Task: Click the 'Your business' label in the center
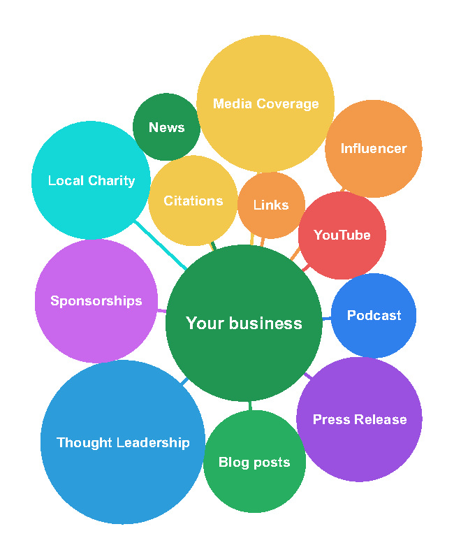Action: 244,324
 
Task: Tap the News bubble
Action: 166,127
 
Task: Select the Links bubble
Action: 271,205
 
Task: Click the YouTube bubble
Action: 342,235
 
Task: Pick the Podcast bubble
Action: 374,315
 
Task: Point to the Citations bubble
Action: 193,201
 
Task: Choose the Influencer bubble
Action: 373,148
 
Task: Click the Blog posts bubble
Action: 254,463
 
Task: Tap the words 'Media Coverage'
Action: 265,104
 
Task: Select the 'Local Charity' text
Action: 91,181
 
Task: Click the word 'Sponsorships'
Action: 96,301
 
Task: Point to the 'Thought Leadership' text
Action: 123,442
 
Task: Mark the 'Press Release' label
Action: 359,419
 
